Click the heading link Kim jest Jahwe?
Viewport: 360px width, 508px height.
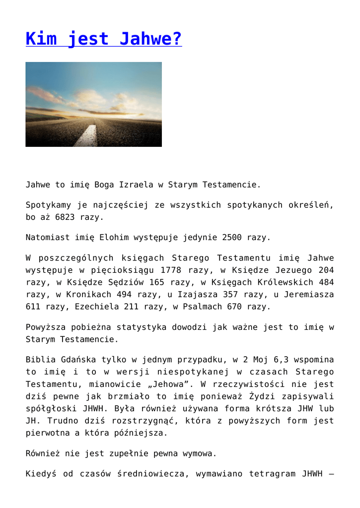(x=103, y=38)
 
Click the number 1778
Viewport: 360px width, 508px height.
(x=173, y=270)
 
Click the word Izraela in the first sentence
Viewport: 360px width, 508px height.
(x=136, y=185)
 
